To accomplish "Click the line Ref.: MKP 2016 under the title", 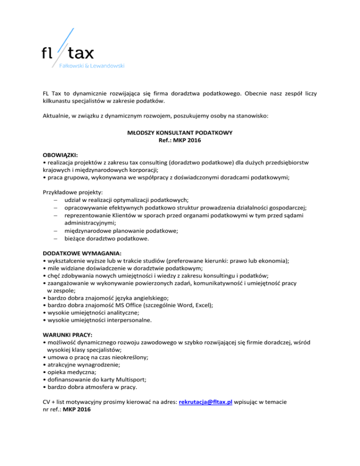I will click(180, 141).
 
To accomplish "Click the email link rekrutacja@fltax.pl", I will click(206, 402).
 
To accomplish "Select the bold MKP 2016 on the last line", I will click(77, 409).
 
